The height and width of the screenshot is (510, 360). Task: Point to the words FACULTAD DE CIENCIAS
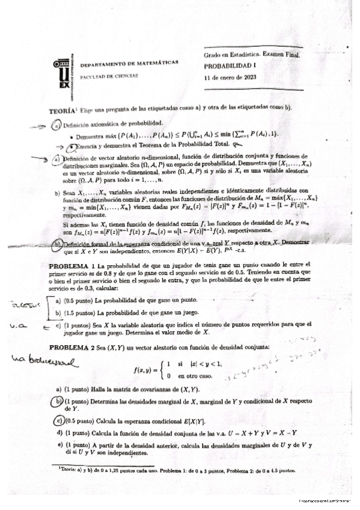point(109,76)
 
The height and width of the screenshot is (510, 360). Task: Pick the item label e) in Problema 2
point(59,445)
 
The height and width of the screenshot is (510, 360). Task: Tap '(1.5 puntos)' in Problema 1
point(79,313)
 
